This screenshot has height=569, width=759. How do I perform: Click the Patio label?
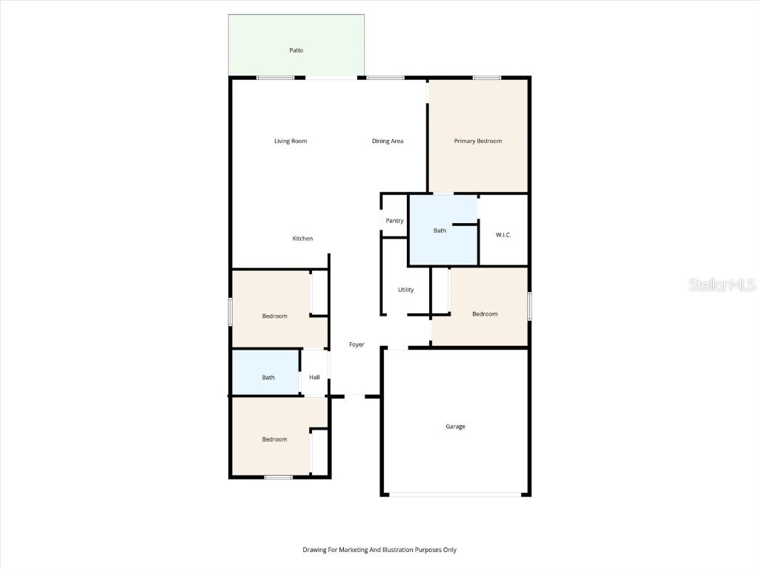[296, 50]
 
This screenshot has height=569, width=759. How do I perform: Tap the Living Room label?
[291, 141]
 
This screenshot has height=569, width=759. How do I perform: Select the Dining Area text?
[388, 141]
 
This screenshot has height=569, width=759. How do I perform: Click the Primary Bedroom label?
[478, 141]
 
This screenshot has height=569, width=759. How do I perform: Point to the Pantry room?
[394, 221]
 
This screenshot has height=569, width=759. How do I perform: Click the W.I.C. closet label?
[503, 235]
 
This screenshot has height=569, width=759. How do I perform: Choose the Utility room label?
[405, 290]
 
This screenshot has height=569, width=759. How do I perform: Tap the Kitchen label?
[302, 239]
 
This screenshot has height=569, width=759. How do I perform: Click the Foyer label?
[357, 345]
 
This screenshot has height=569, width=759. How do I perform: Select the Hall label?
[314, 378]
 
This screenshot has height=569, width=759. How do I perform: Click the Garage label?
[455, 427]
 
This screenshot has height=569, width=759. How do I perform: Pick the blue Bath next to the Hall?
[268, 378]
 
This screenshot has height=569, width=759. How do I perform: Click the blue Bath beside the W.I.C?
[440, 230]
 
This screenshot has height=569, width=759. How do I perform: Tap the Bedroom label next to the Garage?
[485, 314]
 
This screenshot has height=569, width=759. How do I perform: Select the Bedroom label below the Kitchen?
[274, 316]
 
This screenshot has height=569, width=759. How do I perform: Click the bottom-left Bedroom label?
[274, 439]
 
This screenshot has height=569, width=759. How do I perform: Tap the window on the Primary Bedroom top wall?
[487, 77]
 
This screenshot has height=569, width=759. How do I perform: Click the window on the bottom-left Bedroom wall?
[279, 477]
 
